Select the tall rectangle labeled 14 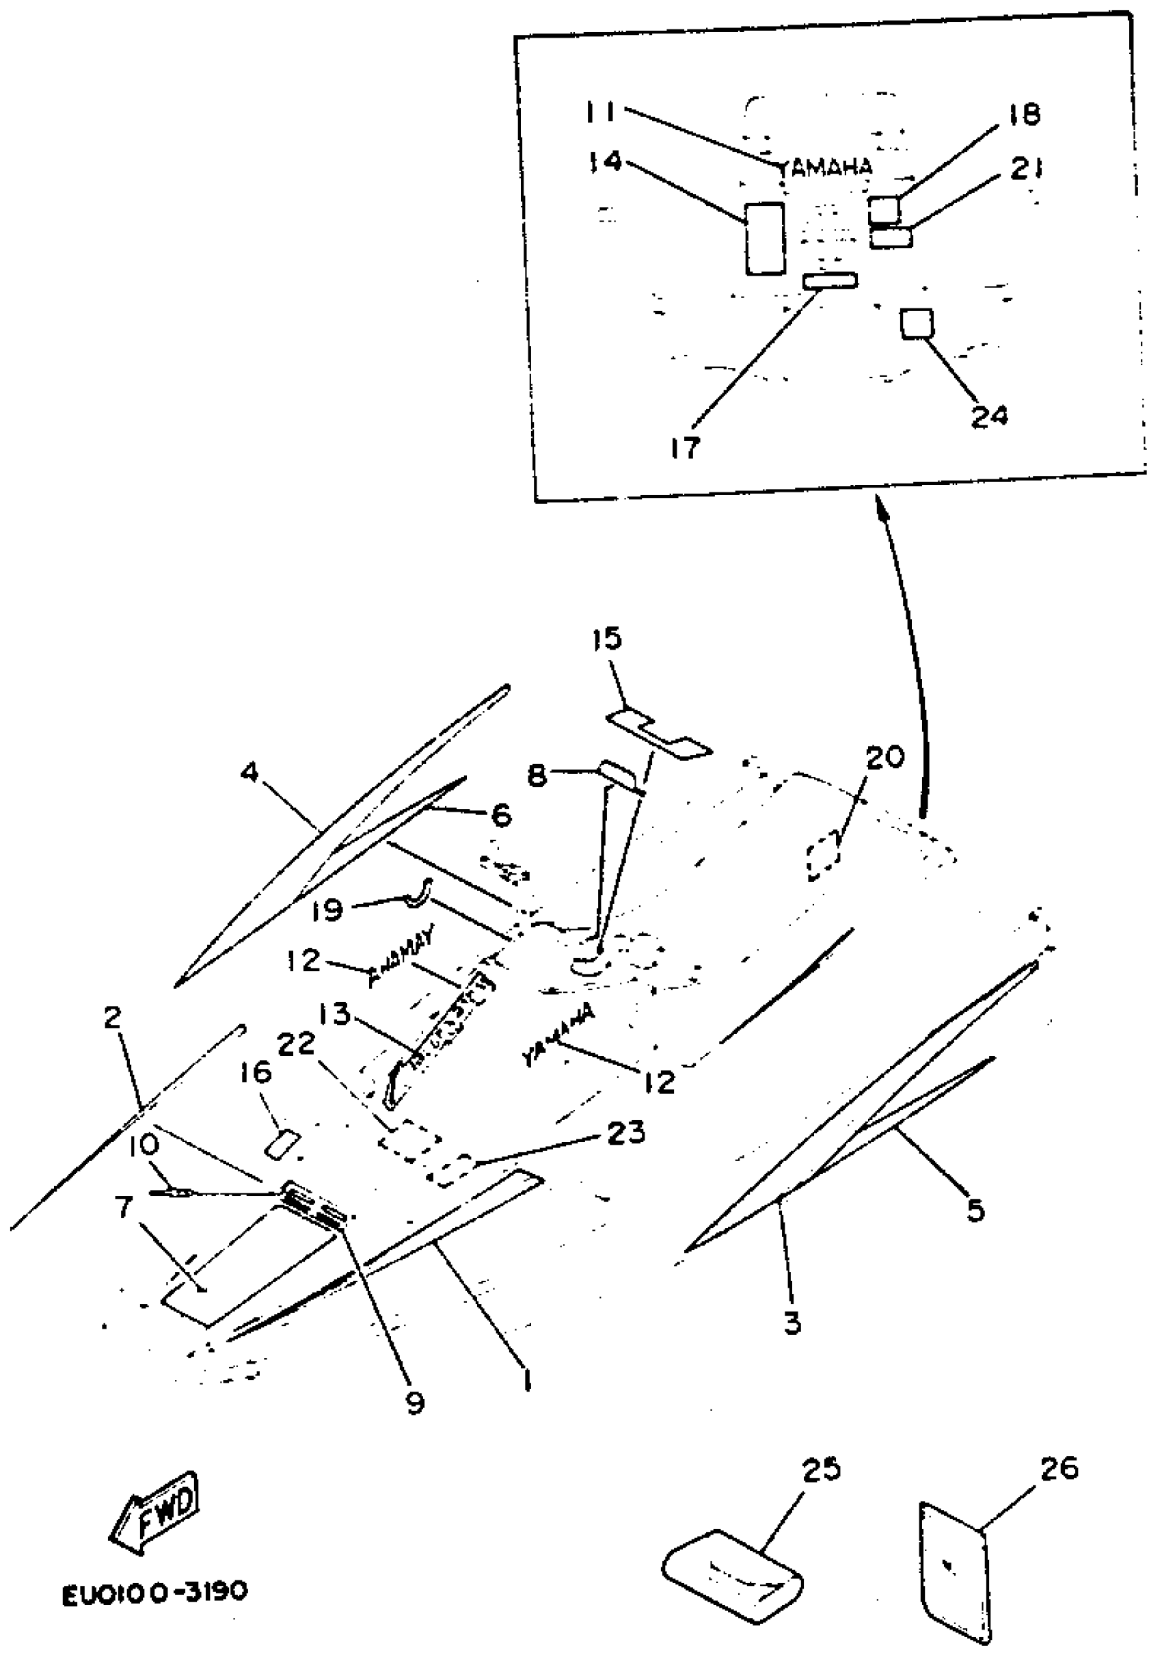coord(764,238)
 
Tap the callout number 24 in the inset coord(988,416)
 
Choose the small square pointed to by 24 coord(917,323)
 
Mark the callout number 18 coord(1022,114)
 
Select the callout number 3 coord(792,1323)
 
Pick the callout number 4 coord(249,773)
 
